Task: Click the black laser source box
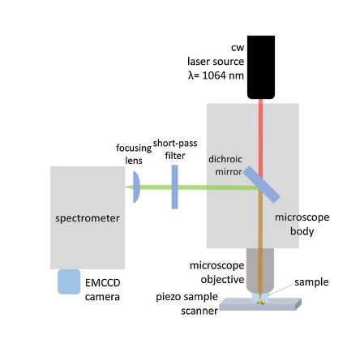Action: pyautogui.click(x=261, y=67)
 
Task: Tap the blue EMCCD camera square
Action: pyautogui.click(x=69, y=281)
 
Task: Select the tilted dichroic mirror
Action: pyautogui.click(x=261, y=184)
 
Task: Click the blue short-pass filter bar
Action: pyautogui.click(x=175, y=187)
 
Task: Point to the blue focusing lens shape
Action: pyautogui.click(x=136, y=187)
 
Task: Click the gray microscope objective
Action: pyautogui.click(x=260, y=270)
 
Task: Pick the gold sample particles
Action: pyautogui.click(x=261, y=303)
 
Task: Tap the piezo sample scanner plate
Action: pyautogui.click(x=260, y=304)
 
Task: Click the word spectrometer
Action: pyautogui.click(x=88, y=218)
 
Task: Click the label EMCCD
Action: pyautogui.click(x=103, y=283)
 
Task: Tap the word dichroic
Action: pyautogui.click(x=225, y=159)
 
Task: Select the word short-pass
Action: pyautogui.click(x=175, y=144)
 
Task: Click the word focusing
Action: pyautogui.click(x=134, y=148)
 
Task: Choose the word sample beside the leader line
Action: pyautogui.click(x=311, y=282)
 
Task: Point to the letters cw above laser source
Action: pyautogui.click(x=238, y=48)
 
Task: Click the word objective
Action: pyautogui.click(x=222, y=280)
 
